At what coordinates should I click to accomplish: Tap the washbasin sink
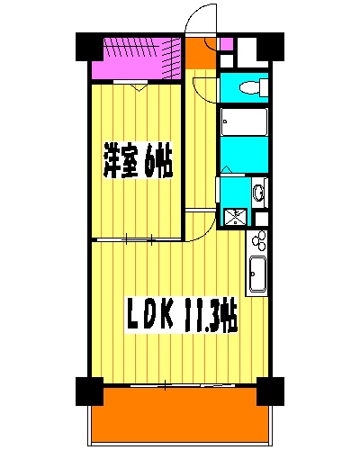258,192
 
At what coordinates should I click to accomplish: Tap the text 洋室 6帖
137,163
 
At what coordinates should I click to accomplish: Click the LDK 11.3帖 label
181,316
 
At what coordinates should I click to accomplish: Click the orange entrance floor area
200,55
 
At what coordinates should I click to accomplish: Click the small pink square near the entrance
226,43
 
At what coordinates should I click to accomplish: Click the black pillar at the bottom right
268,390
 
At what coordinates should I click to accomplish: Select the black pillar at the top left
87,45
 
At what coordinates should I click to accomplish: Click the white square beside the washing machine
261,217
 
